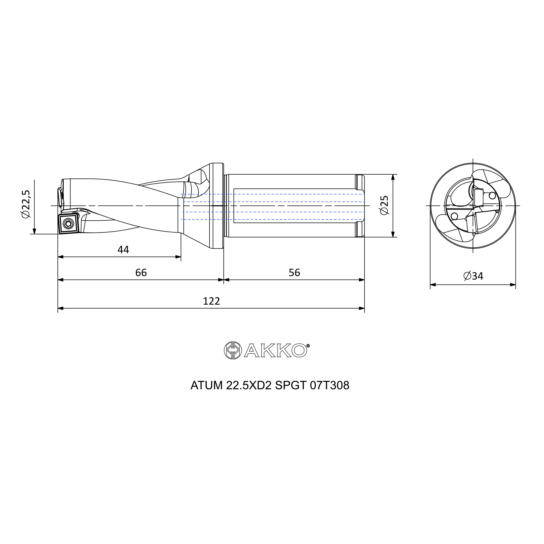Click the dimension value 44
[x=123, y=250]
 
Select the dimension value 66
[x=141, y=273]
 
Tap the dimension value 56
[x=294, y=273]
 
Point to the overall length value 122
[x=211, y=302]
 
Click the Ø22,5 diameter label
[x=26, y=203]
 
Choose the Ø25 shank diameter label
[x=384, y=205]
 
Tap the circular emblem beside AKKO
[x=233, y=351]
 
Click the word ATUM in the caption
[x=206, y=385]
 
